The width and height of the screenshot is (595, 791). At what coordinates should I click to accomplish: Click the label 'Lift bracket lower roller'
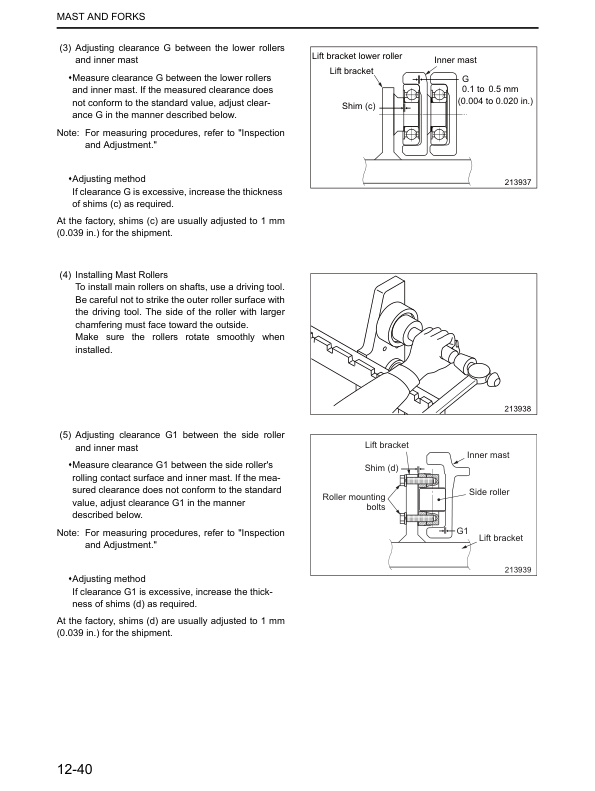357,56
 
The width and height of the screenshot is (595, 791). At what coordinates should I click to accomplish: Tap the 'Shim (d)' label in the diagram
382,468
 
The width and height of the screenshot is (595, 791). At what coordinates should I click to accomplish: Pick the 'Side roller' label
489,492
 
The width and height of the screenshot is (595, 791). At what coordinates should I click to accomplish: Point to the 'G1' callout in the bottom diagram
463,529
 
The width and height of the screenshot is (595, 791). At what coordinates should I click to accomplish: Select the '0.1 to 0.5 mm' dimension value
495,89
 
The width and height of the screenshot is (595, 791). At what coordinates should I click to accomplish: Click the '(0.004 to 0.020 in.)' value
495,101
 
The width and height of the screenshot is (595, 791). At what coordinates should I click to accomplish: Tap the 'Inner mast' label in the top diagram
456,60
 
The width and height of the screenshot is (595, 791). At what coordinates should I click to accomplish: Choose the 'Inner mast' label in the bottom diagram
488,455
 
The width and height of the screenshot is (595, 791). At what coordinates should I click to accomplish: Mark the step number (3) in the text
66,47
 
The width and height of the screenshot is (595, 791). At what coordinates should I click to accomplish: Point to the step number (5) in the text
66,435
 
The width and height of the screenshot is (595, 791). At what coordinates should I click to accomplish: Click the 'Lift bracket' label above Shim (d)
387,444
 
